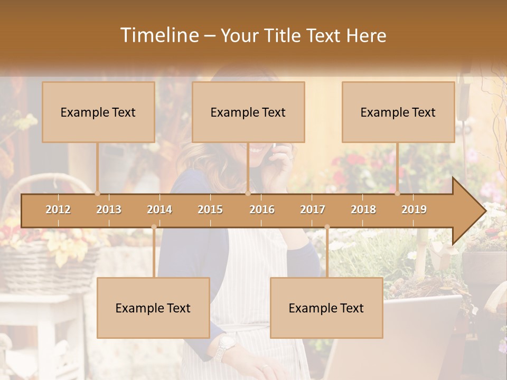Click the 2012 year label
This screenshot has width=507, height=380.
[58, 210]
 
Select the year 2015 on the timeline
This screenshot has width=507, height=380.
[210, 210]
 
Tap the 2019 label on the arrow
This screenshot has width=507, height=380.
[414, 210]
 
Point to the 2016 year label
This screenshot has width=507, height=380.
[262, 210]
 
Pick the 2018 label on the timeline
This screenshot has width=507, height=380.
[363, 210]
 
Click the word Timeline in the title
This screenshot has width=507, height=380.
[158, 35]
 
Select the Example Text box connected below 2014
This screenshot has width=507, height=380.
[153, 308]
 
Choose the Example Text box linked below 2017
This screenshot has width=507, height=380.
[326, 308]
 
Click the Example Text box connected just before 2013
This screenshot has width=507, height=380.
[98, 112]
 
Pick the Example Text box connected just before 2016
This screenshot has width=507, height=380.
[248, 112]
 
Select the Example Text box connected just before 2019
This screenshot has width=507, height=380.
[398, 112]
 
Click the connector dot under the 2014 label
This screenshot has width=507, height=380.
[154, 227]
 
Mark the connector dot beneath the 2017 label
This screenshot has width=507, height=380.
[327, 227]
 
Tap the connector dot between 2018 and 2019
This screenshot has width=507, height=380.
[398, 193]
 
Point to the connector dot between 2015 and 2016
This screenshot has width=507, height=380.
[248, 193]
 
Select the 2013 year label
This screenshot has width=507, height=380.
[109, 210]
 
